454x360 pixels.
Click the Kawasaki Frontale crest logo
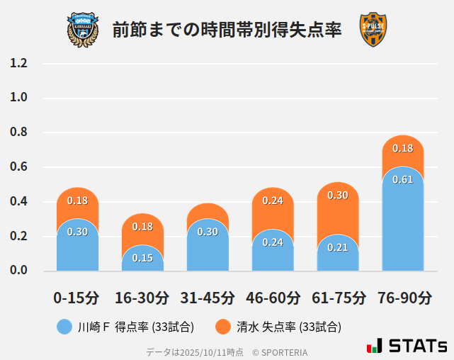point(83,29)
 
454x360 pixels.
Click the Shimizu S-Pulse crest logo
point(373,30)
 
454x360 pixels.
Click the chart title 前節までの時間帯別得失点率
point(227,30)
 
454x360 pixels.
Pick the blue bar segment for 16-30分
point(142,259)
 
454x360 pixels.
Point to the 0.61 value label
point(402,179)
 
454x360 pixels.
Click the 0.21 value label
point(338,247)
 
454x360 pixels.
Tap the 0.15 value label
point(142,258)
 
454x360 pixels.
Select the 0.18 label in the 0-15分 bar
point(77,201)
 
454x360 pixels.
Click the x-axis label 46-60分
point(273,298)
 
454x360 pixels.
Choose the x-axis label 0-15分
point(77,298)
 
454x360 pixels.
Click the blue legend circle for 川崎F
point(64,327)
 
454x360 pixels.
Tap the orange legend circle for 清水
point(224,327)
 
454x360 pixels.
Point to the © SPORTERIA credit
point(280,351)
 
